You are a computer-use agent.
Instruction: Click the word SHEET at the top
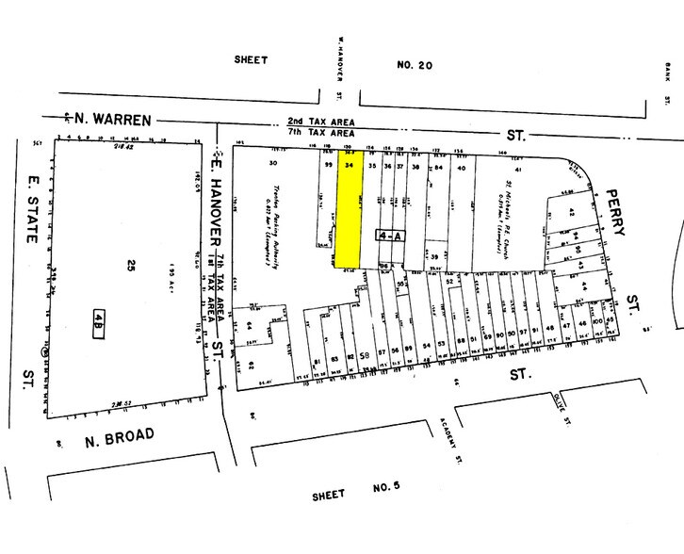coord(251,59)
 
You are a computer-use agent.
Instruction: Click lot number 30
coord(274,164)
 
